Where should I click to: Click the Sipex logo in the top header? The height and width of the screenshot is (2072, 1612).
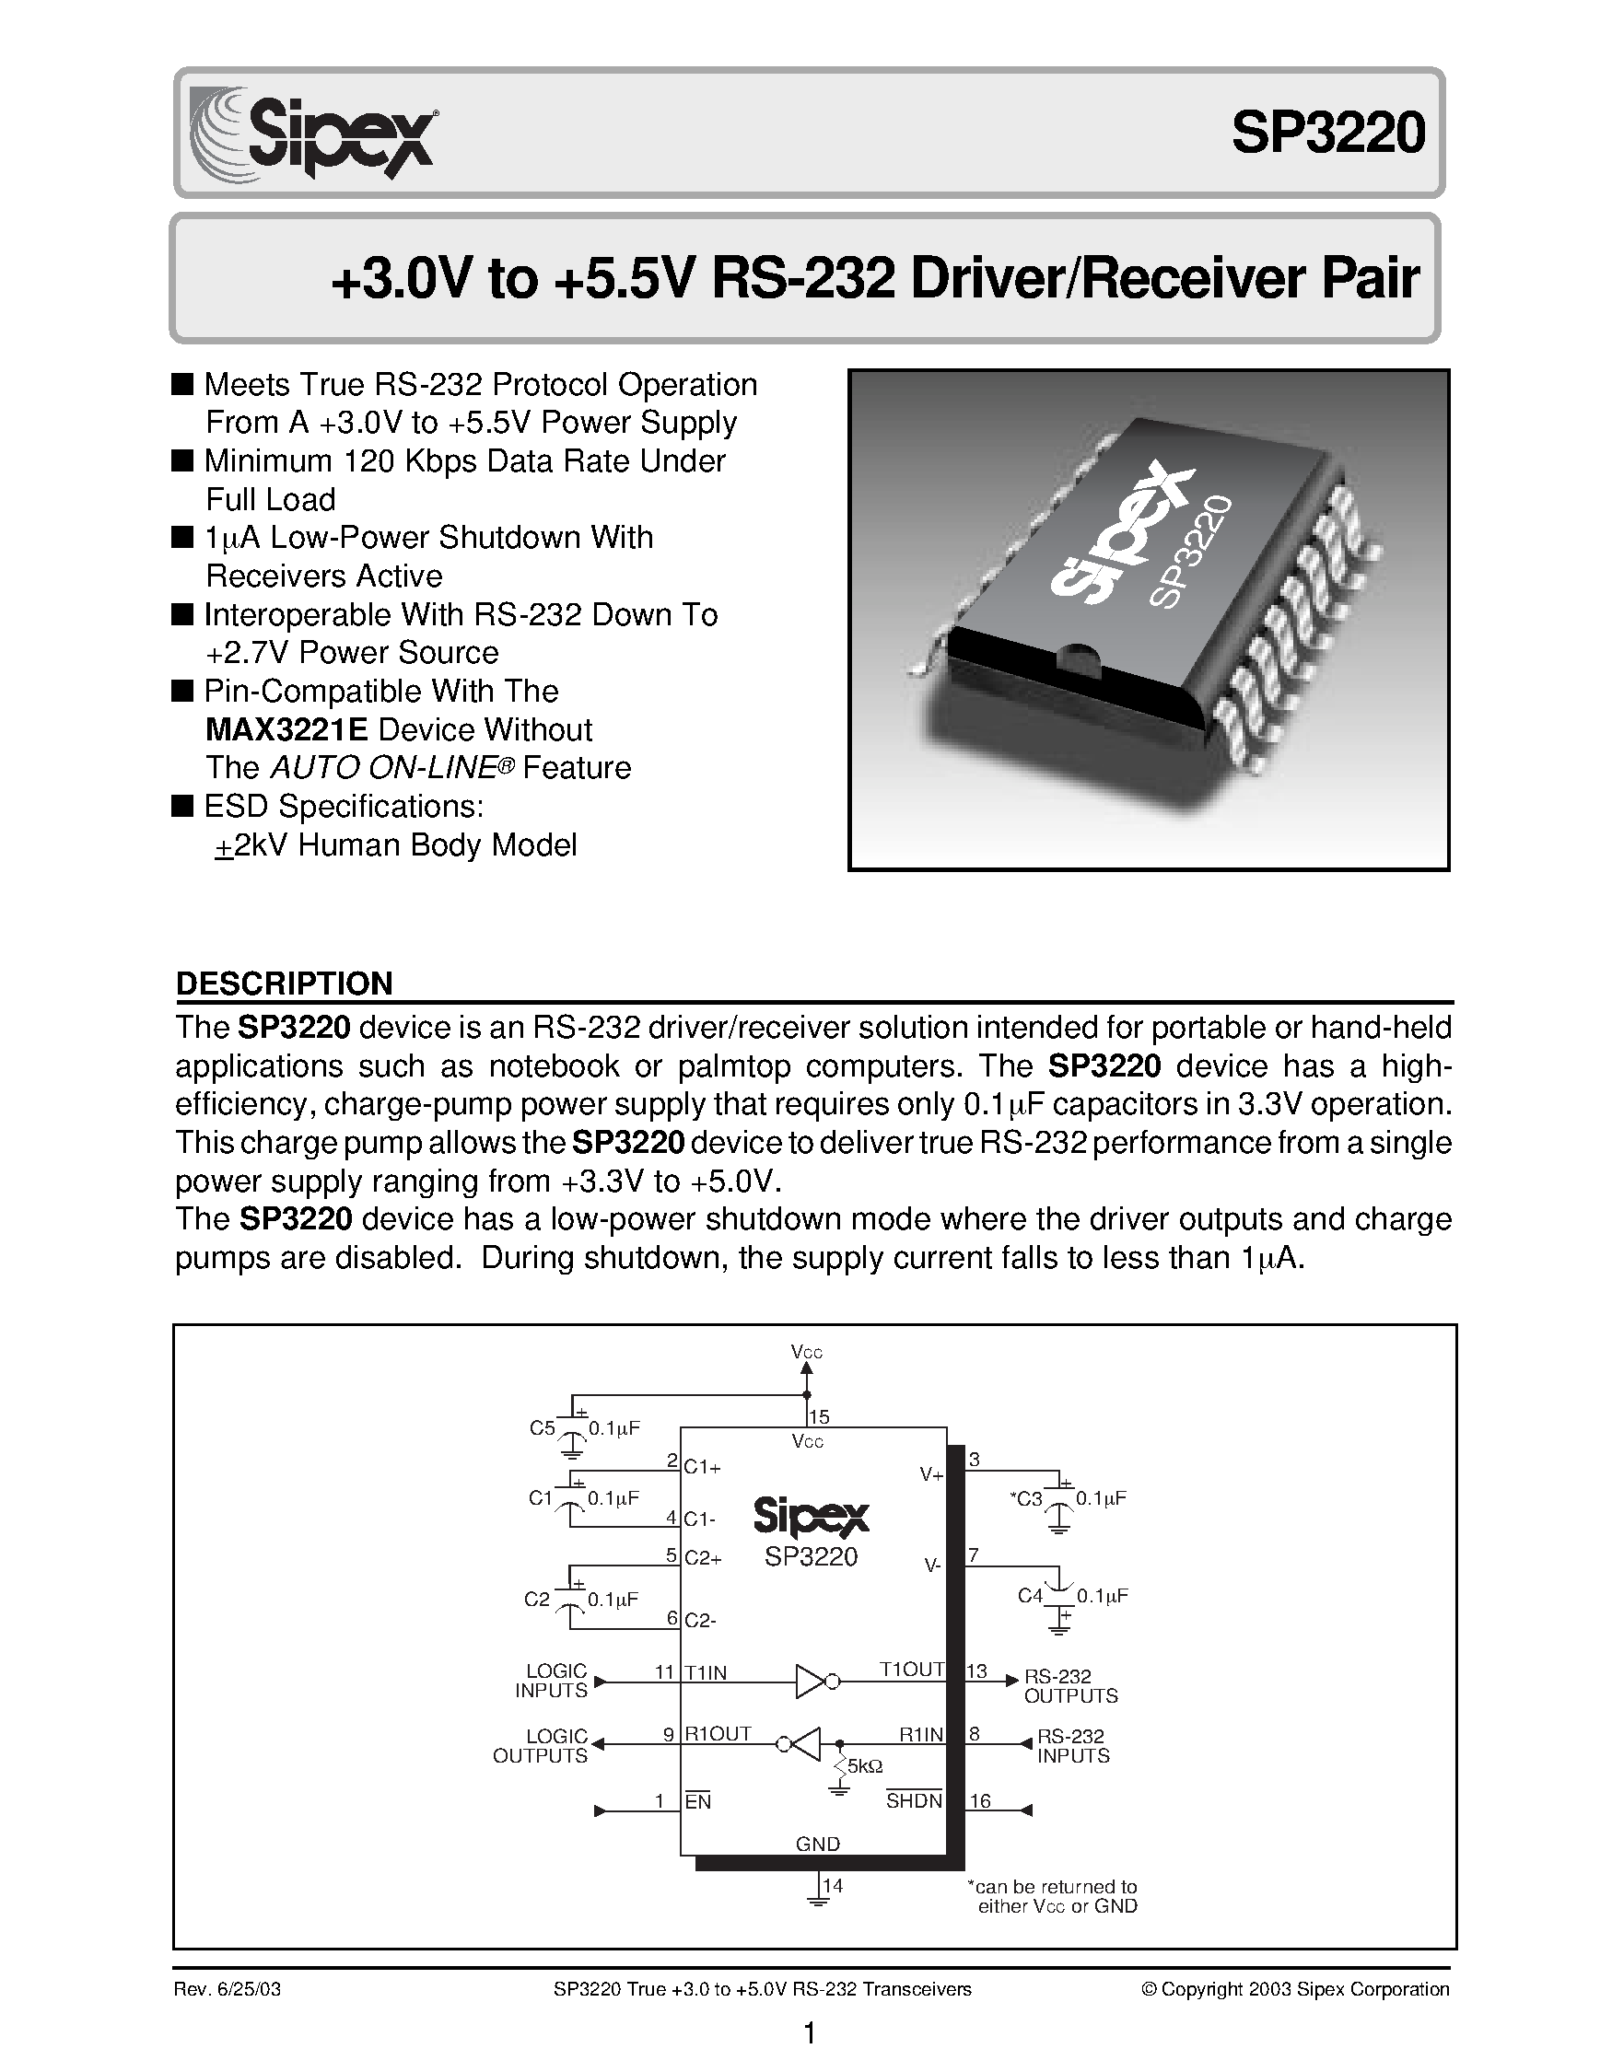pos(312,133)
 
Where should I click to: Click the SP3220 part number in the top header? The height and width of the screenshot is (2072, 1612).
pos(1327,134)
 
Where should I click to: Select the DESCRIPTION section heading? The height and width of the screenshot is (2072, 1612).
pos(284,983)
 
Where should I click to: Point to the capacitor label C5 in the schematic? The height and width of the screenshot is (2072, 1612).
pos(542,1427)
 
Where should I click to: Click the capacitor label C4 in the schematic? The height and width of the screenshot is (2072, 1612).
pos(1030,1596)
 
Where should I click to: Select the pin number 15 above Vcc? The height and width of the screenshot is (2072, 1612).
pos(820,1416)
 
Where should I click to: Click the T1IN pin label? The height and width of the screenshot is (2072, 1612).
pos(706,1672)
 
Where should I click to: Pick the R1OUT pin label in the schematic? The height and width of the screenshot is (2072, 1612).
pos(718,1734)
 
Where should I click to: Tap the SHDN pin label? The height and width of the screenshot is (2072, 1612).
pos(914,1800)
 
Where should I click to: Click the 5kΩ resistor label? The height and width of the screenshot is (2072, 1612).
pos(864,1766)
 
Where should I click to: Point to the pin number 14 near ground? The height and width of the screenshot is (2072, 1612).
pos(833,1885)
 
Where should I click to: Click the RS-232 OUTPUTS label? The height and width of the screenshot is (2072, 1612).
pos(1070,1686)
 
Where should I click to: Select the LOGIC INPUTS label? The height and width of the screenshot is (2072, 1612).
pos(552,1681)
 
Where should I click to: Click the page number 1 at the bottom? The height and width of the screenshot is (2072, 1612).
pos(810,2033)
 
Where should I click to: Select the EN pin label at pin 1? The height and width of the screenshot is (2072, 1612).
pos(698,1801)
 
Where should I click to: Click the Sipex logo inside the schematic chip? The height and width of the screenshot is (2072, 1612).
pos(811,1516)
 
